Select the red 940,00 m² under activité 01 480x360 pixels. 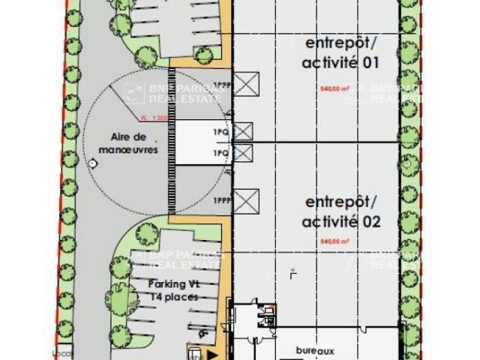coord(334,88)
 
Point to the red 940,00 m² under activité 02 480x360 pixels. coord(335,242)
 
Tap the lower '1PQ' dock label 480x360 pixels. coord(220,153)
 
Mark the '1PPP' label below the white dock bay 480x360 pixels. coord(220,201)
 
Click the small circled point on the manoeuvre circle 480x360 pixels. coord(91,162)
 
